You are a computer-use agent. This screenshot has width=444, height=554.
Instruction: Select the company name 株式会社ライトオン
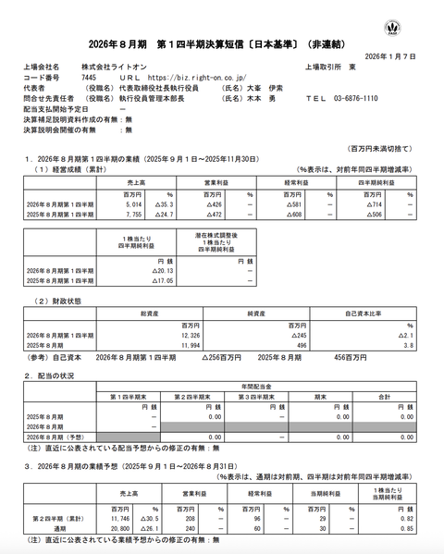[108, 68]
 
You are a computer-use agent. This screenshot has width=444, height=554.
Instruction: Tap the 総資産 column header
[150, 314]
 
